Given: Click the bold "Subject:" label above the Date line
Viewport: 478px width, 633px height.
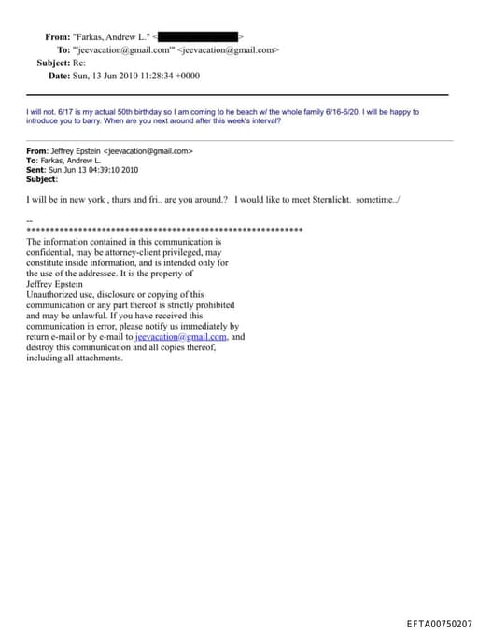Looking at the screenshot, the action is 56,63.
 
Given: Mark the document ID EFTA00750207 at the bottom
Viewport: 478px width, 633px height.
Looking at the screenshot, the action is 439,623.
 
